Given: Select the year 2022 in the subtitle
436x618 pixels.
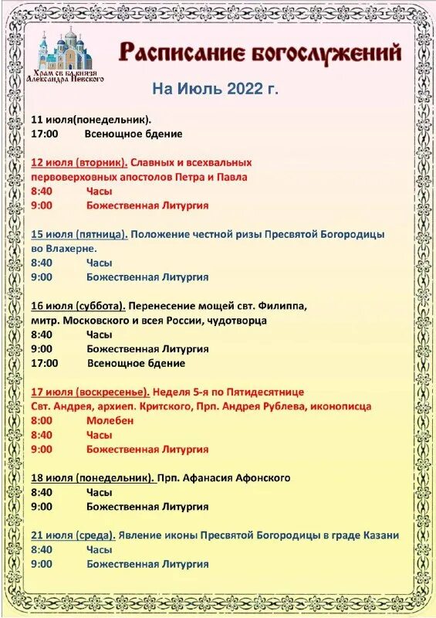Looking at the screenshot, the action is point(245,89).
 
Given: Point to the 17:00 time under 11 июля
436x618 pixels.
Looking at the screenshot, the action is point(45,134).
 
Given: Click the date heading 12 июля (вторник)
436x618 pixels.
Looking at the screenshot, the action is point(79,163).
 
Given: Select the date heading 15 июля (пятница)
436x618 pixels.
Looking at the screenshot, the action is point(79,234).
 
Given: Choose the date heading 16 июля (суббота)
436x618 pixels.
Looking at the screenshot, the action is point(78,306).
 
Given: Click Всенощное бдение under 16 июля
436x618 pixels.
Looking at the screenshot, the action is point(136,363).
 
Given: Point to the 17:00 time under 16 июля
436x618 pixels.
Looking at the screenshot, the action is point(45,363).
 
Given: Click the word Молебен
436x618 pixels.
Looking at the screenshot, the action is point(110,420).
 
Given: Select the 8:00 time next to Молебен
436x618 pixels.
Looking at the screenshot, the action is point(42,420).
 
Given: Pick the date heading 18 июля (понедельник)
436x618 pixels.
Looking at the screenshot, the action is point(93,477).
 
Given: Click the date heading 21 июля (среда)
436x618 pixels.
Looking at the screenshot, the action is point(73,535).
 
